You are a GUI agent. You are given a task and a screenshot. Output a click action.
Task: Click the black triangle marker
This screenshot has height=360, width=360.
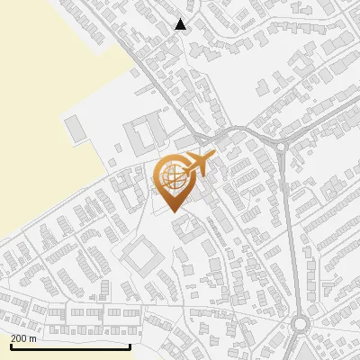(181, 24)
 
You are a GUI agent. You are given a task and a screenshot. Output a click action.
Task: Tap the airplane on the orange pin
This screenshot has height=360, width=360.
(197, 165)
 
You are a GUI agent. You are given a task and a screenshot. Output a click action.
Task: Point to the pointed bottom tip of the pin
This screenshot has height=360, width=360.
(174, 211)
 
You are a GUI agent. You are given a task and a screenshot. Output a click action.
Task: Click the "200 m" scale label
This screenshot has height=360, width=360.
(23, 338)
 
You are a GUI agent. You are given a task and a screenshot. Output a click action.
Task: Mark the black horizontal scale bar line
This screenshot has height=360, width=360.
(70, 346)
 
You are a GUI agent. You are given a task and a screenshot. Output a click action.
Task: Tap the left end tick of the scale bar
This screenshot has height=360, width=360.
(10, 345)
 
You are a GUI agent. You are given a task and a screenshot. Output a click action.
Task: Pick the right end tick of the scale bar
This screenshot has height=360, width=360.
(130, 345)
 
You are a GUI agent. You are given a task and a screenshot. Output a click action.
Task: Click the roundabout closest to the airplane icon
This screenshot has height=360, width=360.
(280, 147)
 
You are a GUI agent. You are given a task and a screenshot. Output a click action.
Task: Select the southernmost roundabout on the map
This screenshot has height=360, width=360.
(301, 324)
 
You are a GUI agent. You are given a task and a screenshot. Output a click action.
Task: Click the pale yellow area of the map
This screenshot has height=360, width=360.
(45, 108)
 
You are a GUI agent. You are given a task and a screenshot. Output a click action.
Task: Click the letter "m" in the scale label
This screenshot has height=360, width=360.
(33, 338)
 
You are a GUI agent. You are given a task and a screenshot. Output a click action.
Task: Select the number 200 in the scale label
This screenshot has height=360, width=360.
(19, 338)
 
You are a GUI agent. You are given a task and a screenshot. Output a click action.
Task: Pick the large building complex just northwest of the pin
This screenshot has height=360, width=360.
(144, 135)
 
